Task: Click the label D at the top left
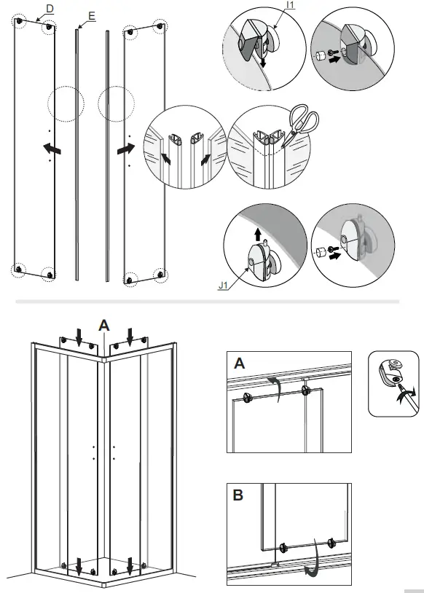[50, 8]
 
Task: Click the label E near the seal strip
[90, 15]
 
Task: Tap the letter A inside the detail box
[240, 363]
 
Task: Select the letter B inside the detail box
[239, 496]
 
